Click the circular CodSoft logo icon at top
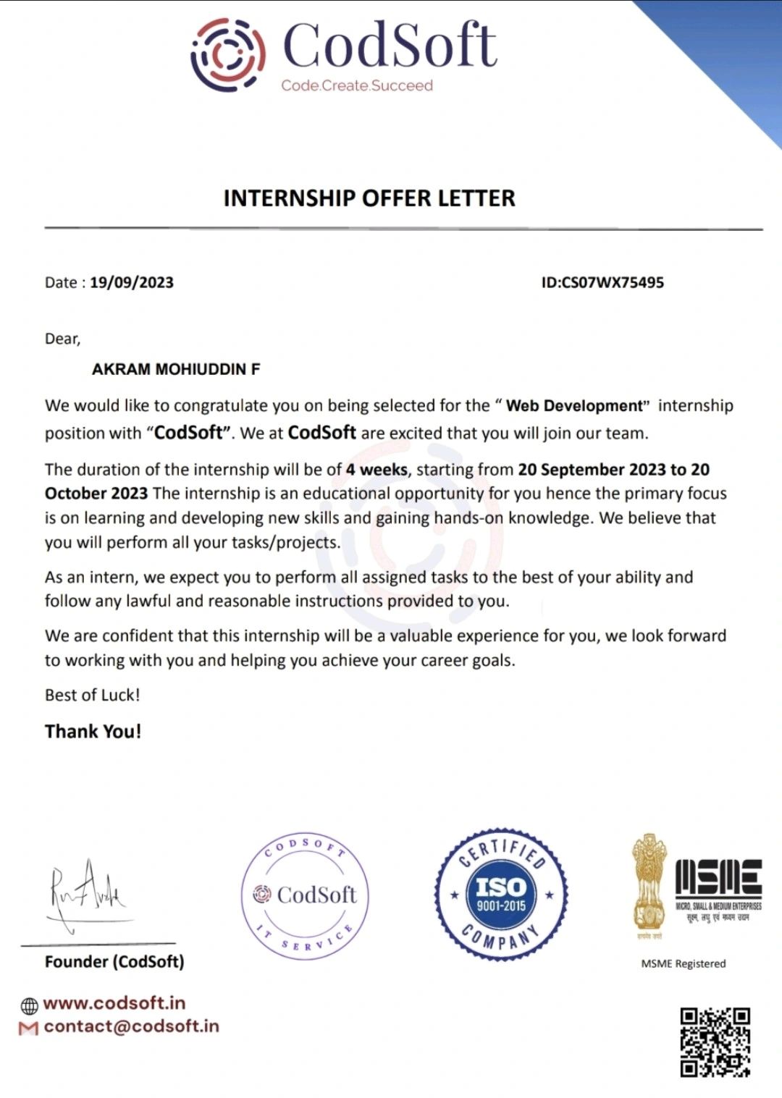pyautogui.click(x=227, y=55)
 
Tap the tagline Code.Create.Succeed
pyautogui.click(x=357, y=85)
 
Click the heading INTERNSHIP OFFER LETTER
pyautogui.click(x=369, y=198)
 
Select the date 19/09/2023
pyautogui.click(x=132, y=282)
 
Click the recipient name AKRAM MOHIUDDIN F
pyautogui.click(x=176, y=369)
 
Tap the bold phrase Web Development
pyautogui.click(x=574, y=405)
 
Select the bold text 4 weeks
pyautogui.click(x=377, y=469)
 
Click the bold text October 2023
pyautogui.click(x=96, y=494)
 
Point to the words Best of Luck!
pyautogui.click(x=93, y=695)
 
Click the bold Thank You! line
pyautogui.click(x=93, y=731)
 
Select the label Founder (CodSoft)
pyautogui.click(x=114, y=961)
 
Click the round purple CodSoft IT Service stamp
pyautogui.click(x=305, y=895)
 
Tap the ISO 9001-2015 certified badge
pyautogui.click(x=501, y=895)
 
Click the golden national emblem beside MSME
pyautogui.click(x=649, y=884)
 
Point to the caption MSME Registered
pyautogui.click(x=684, y=963)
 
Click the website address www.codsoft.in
pyautogui.click(x=114, y=1003)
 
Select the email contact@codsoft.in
pyautogui.click(x=131, y=1026)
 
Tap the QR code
pyautogui.click(x=715, y=1042)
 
